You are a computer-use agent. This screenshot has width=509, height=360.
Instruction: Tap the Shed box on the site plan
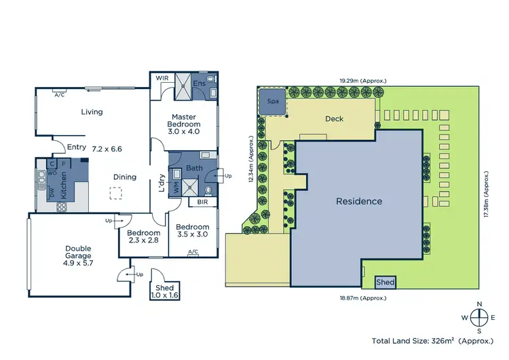[385, 281]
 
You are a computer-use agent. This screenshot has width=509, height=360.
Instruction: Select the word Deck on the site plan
[334, 119]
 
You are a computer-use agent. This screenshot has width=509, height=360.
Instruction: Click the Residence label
[359, 201]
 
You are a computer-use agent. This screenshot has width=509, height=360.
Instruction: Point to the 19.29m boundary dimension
[363, 80]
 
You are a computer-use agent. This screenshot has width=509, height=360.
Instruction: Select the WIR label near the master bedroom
[162, 78]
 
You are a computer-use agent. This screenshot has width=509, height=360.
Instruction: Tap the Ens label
[199, 83]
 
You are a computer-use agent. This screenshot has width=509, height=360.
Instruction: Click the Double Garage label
[79, 253]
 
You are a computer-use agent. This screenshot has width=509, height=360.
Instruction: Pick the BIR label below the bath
[203, 202]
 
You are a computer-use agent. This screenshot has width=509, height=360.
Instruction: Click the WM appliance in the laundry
[176, 188]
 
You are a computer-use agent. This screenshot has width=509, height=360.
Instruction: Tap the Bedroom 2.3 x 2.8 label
[143, 236]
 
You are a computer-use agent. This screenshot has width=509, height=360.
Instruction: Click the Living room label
[92, 112]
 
